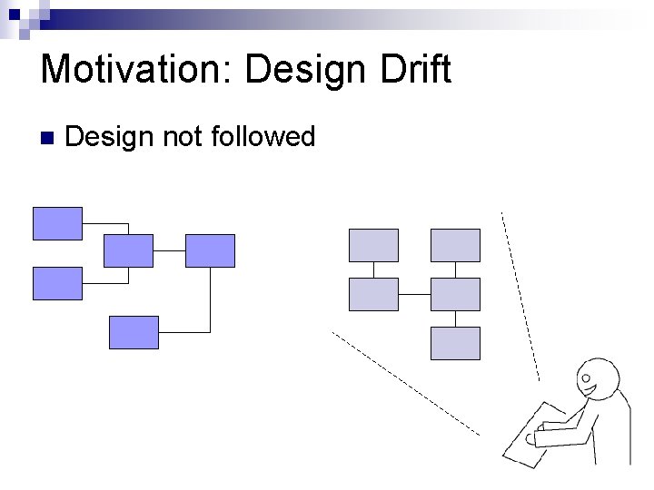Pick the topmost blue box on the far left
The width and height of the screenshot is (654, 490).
tap(57, 223)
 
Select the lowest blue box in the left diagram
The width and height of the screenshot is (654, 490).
tap(134, 332)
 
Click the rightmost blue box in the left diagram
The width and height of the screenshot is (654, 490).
tap(210, 250)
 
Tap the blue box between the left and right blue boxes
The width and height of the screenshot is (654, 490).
tap(128, 250)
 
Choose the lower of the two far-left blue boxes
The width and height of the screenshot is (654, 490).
tap(57, 283)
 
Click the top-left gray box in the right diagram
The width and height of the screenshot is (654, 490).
tap(373, 245)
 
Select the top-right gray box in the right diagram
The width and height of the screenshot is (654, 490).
tap(455, 245)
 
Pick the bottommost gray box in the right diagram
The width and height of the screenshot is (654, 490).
tap(455, 343)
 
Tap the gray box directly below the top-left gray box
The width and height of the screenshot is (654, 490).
tap(373, 294)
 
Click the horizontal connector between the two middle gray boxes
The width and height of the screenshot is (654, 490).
tap(414, 294)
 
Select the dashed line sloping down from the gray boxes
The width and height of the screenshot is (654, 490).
tap(404, 382)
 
